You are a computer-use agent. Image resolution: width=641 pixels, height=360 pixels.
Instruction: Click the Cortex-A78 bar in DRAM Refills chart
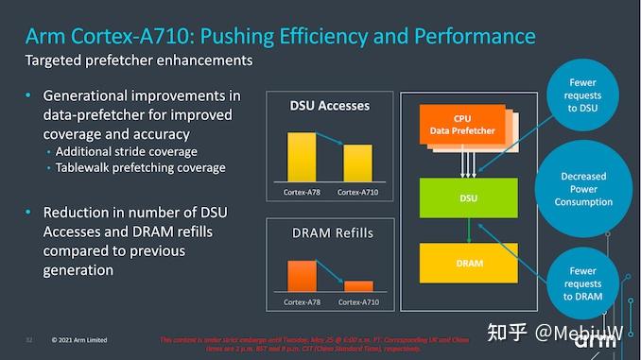302,275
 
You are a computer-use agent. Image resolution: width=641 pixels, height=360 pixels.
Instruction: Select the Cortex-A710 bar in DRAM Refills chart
357,285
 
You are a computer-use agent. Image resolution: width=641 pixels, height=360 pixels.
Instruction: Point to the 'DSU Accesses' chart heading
328,106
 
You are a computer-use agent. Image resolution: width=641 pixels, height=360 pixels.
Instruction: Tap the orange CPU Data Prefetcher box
460,126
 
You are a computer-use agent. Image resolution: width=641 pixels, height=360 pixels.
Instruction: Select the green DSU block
469,199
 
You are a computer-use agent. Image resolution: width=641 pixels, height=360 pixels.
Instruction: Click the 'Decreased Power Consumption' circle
583,189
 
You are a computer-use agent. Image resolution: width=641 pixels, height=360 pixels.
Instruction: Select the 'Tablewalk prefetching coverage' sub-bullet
140,167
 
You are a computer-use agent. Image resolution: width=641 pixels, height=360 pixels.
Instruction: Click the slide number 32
29,340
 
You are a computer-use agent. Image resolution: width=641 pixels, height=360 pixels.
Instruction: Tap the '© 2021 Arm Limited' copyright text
79,340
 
